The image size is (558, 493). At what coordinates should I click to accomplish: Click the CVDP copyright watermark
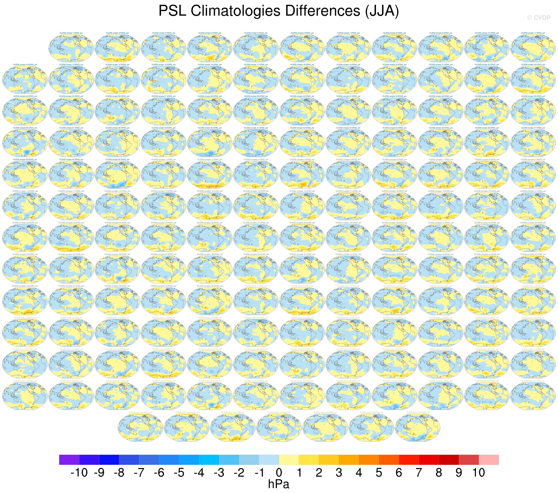[538, 18]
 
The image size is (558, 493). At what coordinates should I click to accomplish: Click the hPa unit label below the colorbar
[279, 484]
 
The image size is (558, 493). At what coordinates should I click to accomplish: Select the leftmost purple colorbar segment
[69, 459]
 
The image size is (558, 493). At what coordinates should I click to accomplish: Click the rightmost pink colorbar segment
[489, 459]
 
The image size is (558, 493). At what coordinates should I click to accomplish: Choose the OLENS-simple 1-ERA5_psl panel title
[71, 33]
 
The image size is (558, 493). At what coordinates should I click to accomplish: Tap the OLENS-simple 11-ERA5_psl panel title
[533, 33]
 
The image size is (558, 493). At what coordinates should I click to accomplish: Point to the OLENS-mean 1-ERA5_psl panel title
[256, 286]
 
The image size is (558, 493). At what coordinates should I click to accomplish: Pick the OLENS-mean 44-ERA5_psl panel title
[140, 413]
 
